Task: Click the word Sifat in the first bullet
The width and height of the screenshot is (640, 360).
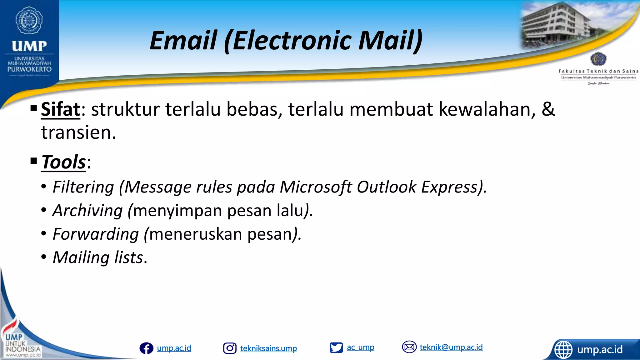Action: click(61, 109)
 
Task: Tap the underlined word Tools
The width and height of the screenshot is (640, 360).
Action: click(63, 162)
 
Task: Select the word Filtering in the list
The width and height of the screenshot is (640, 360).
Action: click(83, 187)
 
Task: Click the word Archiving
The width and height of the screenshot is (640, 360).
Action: click(87, 210)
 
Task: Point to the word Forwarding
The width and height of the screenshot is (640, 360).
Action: click(96, 234)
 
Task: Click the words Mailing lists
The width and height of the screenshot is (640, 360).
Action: click(98, 257)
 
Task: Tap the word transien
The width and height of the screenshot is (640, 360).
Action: click(78, 132)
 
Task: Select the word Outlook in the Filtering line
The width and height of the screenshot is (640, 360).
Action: click(387, 187)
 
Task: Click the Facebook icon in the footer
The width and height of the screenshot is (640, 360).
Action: click(146, 348)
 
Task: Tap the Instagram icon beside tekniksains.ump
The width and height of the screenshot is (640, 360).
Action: click(230, 348)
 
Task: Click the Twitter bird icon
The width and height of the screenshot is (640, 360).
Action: click(336, 347)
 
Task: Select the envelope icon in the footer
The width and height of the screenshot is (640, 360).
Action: click(409, 347)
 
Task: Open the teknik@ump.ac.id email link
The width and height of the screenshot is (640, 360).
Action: click(451, 347)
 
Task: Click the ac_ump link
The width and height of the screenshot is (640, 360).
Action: click(360, 347)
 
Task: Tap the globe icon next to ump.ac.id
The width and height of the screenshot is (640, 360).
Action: click(563, 349)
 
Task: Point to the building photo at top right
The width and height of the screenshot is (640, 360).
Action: click(555, 25)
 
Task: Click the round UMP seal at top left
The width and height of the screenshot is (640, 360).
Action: click(29, 20)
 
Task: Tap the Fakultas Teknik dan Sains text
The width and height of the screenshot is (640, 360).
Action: click(598, 71)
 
